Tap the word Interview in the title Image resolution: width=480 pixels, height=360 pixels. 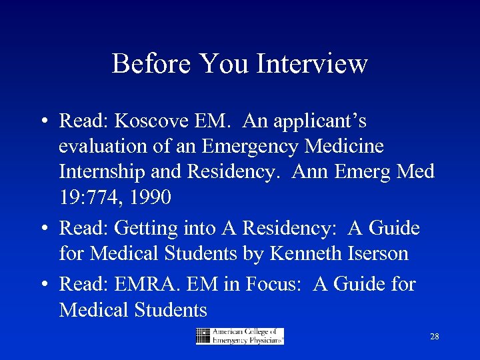pyautogui.click(x=312, y=64)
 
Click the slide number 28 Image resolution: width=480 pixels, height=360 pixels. pyautogui.click(x=435, y=337)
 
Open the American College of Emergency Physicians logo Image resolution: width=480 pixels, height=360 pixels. pyautogui.click(x=239, y=336)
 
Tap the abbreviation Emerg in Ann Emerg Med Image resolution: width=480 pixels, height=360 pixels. pyautogui.click(x=365, y=172)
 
